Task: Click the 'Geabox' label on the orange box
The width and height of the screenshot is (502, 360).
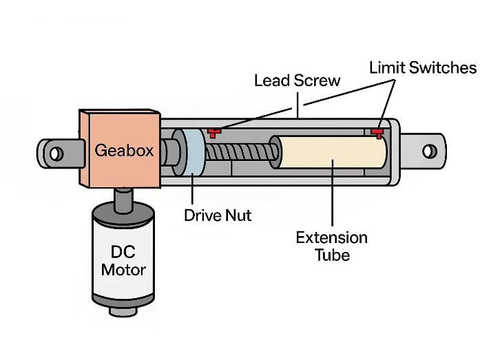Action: point(124,150)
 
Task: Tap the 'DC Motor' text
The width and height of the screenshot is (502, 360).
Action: point(123,261)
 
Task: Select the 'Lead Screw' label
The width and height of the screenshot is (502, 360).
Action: point(297,81)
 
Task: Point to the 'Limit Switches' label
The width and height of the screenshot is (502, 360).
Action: point(423,67)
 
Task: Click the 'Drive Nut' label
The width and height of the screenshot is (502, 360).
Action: point(218,215)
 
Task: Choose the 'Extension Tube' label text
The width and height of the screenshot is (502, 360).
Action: point(332,246)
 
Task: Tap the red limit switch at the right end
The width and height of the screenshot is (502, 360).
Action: point(377,133)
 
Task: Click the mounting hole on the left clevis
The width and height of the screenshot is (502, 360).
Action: point(56,154)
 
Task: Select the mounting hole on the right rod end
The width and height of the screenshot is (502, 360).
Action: point(429,151)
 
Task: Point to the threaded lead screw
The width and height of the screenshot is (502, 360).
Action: point(242,152)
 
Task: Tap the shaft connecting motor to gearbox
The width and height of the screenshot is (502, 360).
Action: point(123,200)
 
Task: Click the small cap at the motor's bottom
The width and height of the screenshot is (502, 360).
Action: point(123,311)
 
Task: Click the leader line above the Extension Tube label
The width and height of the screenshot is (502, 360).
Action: point(333,193)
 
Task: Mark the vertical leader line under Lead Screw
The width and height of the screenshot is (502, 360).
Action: point(298,105)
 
